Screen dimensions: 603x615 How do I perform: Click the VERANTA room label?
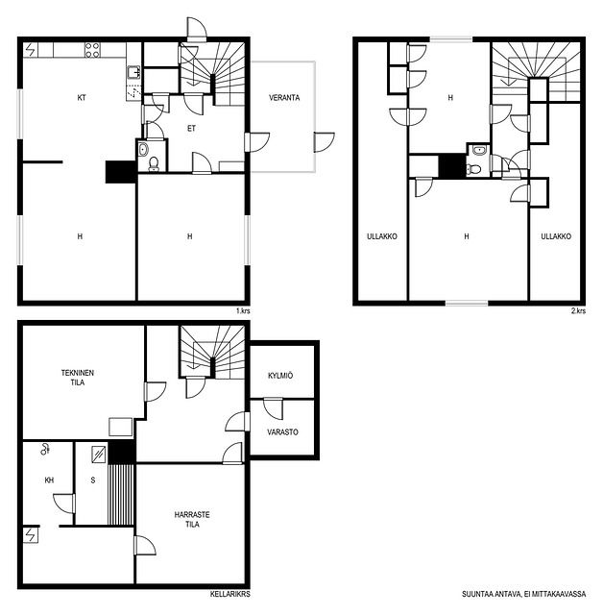284,98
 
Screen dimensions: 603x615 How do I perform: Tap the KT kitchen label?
82,98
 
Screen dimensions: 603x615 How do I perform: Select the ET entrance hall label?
191,128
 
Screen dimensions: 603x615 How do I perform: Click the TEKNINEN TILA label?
78,378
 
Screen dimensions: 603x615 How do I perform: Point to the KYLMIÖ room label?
280,376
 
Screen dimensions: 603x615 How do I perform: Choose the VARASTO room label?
282,431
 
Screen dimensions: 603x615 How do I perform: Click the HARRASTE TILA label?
192,519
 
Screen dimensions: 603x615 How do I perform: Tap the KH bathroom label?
49,480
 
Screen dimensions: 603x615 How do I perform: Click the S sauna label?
93,480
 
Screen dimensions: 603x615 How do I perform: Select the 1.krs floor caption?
243,310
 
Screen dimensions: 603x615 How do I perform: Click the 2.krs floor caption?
578,310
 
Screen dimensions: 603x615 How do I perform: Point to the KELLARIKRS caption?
230,594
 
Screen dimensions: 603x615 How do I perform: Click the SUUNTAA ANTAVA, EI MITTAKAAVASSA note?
524,594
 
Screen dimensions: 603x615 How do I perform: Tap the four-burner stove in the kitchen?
92,50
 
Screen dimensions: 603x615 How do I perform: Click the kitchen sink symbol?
133,73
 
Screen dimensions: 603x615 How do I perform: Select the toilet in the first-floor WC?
154,163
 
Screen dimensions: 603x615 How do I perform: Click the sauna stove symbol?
99,455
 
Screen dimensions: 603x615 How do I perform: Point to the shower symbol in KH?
45,449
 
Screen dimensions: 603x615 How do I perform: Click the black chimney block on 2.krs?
451,166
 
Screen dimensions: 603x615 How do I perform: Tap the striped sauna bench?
121,494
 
